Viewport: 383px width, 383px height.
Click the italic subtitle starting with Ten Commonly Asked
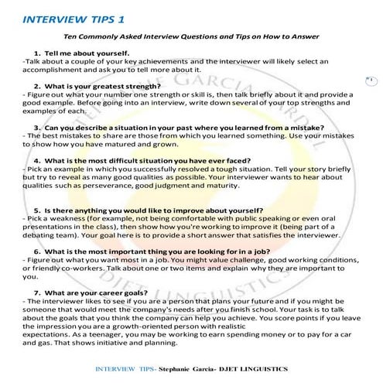pos(192,36)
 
